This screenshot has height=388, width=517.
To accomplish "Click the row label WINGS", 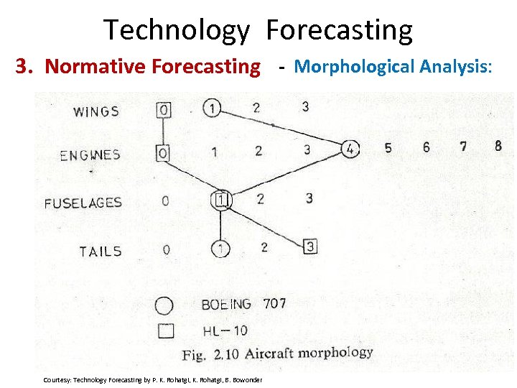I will tap(96, 111).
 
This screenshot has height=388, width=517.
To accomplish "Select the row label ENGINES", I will tap(90, 155).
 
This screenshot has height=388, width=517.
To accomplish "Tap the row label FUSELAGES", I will tap(83, 203).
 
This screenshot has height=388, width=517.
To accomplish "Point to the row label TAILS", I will tap(101, 251).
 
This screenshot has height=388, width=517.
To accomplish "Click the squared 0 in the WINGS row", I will tap(164, 110).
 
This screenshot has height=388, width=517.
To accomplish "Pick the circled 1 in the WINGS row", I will tap(212, 108).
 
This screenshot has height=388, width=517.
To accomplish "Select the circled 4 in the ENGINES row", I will tap(350, 149).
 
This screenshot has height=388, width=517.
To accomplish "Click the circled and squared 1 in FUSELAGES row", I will tap(222, 199).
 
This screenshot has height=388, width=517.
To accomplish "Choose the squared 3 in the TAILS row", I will tap(310, 246).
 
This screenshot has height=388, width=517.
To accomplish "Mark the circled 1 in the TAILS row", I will tap(220, 249).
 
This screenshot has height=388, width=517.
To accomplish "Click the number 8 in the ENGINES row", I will tap(498, 146).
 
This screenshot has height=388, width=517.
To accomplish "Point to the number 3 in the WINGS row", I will tap(305, 107).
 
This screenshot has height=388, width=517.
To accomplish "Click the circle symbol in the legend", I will tap(164, 305).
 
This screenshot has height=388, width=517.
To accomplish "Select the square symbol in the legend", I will tap(165, 331).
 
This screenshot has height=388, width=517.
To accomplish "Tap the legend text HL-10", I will tap(224, 331).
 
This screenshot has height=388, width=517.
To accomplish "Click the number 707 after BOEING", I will tap(274, 303).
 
